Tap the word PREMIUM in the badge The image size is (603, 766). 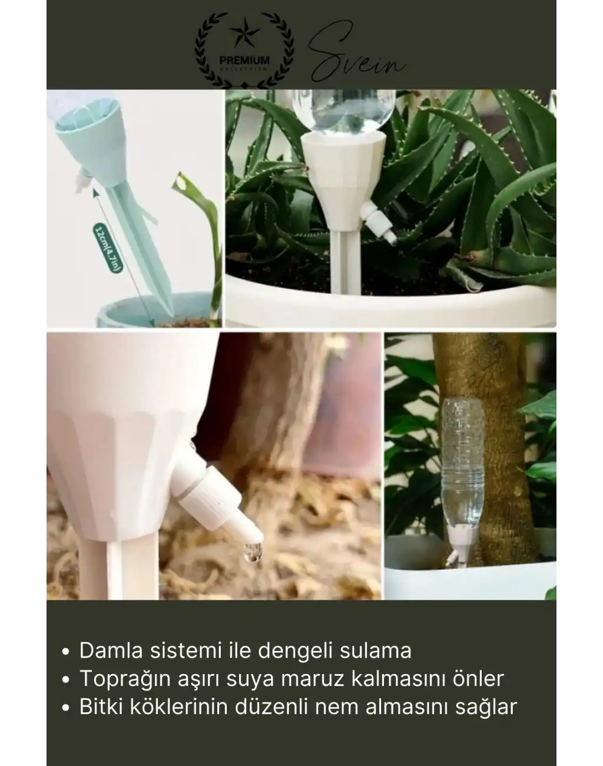click(244, 60)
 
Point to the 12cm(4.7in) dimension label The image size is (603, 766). click(108, 247)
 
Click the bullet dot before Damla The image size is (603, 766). click(66, 652)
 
